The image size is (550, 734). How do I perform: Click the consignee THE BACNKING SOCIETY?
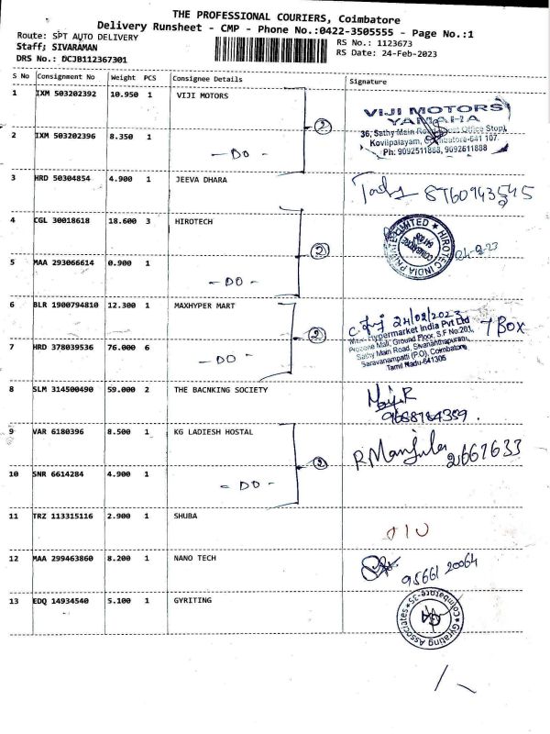tap(221, 390)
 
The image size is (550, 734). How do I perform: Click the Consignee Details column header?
tap(207, 79)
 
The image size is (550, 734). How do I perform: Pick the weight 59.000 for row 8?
tap(125, 390)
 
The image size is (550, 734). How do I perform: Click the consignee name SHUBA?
tap(187, 517)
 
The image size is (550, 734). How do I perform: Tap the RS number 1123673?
tap(393, 42)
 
